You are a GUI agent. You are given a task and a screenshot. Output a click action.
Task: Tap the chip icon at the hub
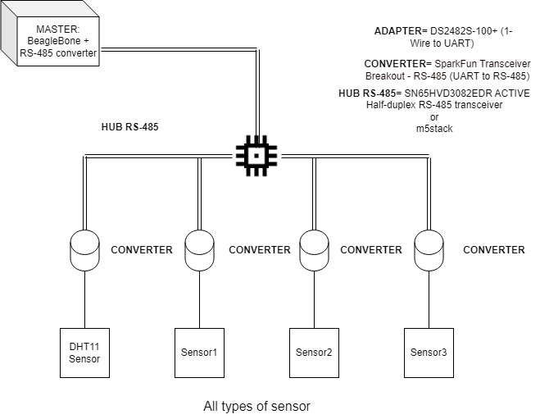[x=256, y=153]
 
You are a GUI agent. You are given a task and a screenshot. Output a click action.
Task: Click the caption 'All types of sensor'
[x=256, y=406]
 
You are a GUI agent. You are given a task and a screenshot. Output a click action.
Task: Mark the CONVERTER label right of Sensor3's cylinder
[x=494, y=250]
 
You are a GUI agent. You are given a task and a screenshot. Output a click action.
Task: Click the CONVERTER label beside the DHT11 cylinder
[x=142, y=250]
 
